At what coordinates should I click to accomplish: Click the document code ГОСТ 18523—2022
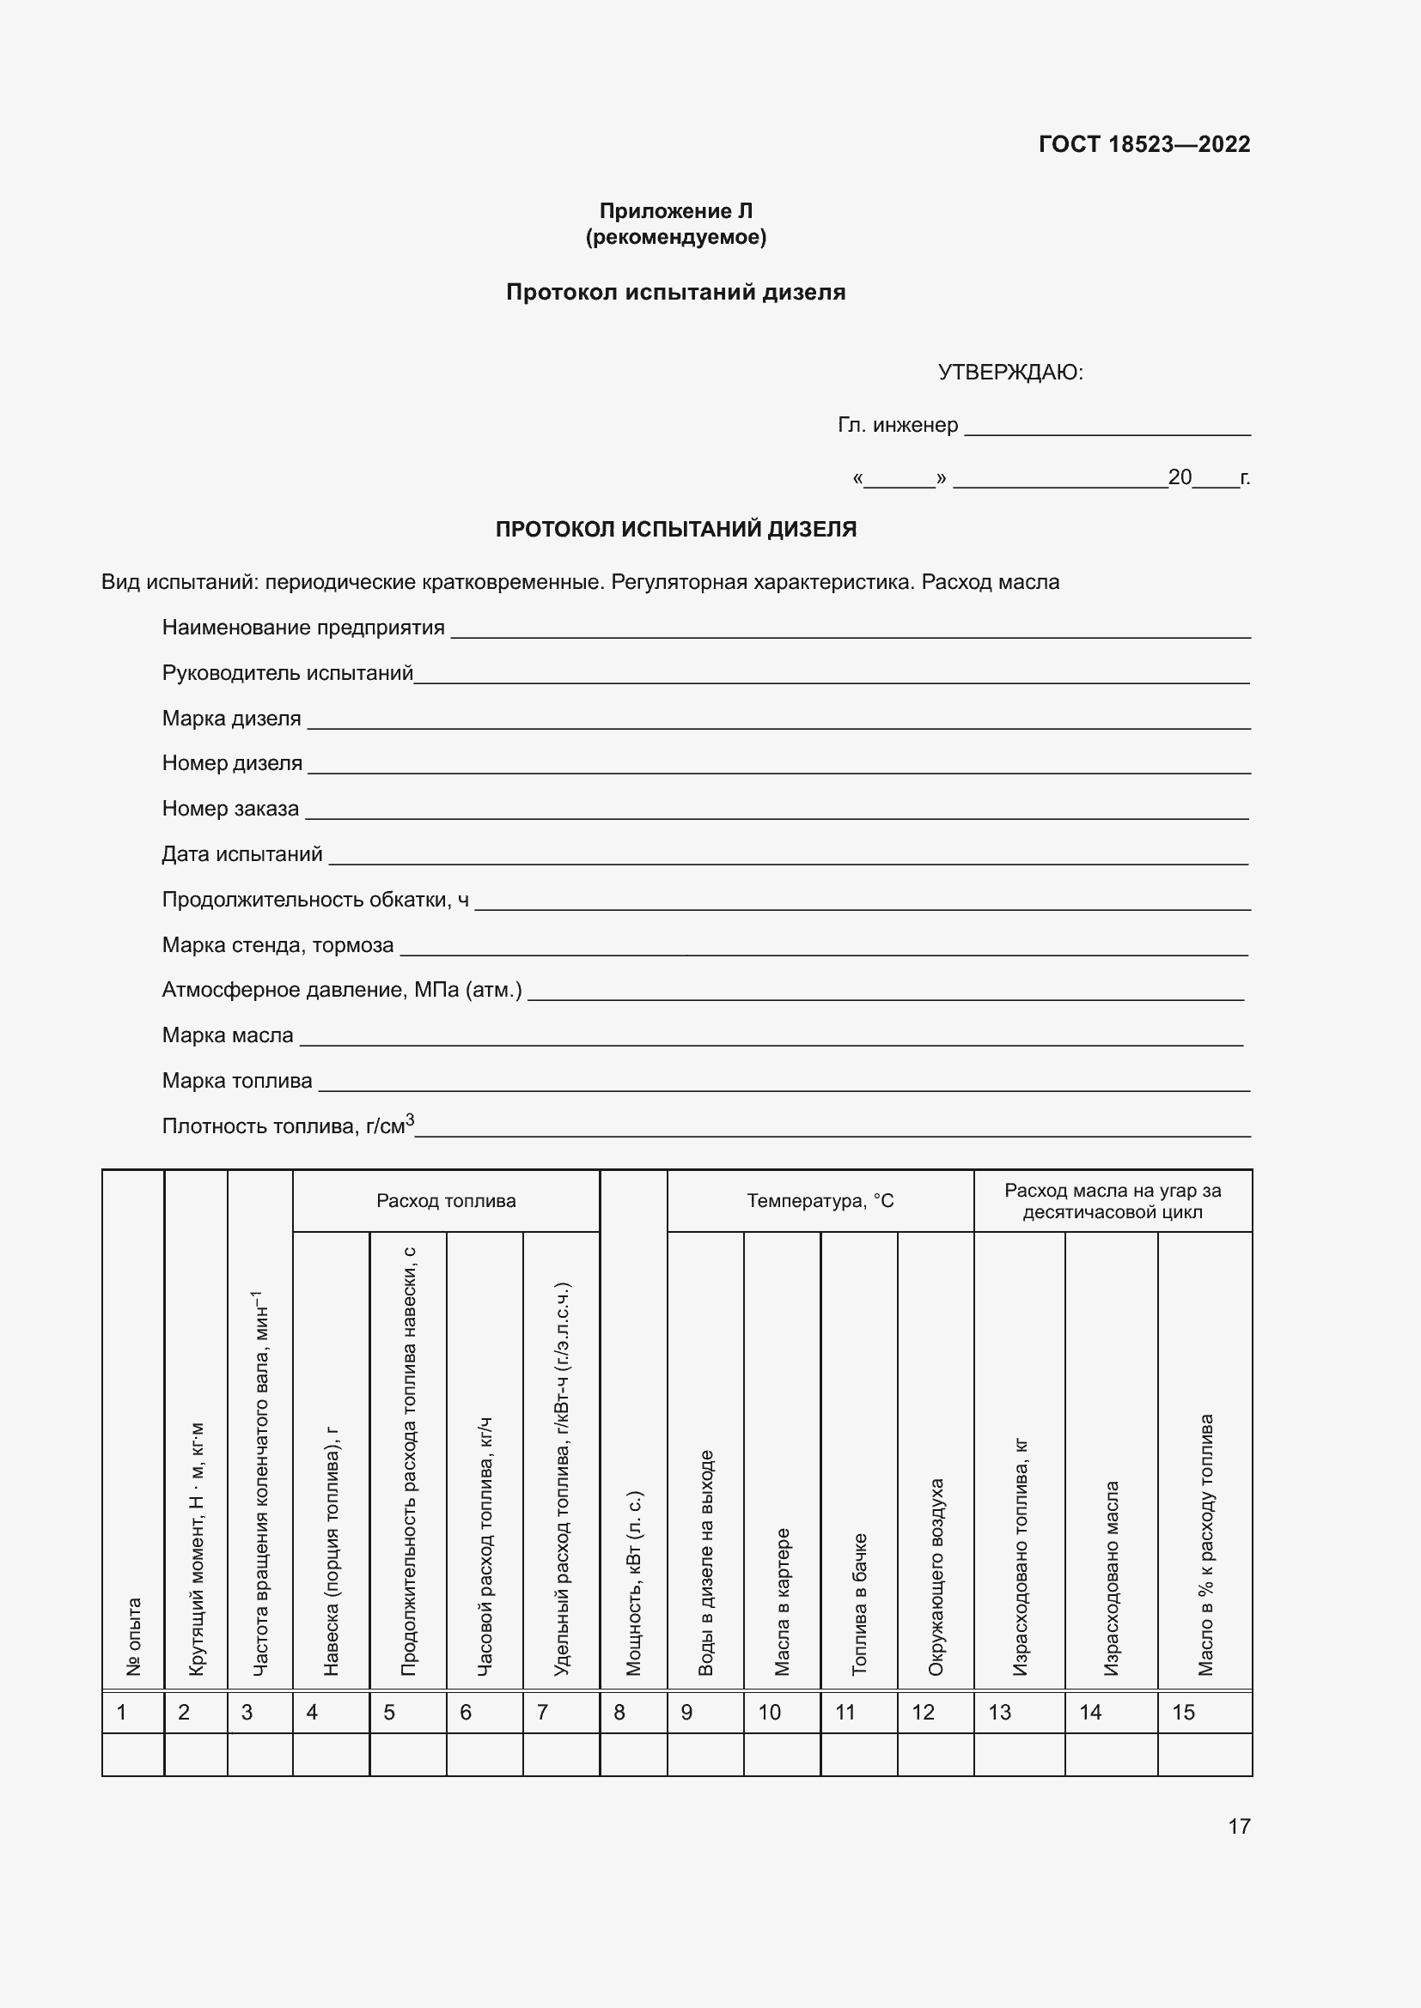pyautogui.click(x=1144, y=144)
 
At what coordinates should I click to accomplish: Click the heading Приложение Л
pyautogui.click(x=675, y=211)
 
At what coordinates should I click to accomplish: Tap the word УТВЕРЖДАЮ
pyautogui.click(x=1009, y=373)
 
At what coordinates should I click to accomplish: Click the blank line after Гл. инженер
pyautogui.click(x=1106, y=428)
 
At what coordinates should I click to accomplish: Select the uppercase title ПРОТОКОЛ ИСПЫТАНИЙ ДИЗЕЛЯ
pyautogui.click(x=675, y=529)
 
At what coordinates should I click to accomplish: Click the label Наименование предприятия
pyautogui.click(x=303, y=628)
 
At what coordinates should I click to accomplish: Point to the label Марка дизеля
pyautogui.click(x=232, y=719)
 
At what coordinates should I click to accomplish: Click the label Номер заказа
pyautogui.click(x=231, y=809)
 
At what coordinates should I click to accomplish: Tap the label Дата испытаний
pyautogui.click(x=242, y=854)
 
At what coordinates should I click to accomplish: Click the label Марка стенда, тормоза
pyautogui.click(x=278, y=945)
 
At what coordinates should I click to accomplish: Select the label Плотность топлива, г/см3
pyautogui.click(x=288, y=1125)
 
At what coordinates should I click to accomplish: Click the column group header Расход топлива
pyautogui.click(x=446, y=1201)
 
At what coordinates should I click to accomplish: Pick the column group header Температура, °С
pyautogui.click(x=820, y=1201)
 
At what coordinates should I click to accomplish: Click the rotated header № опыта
pyautogui.click(x=134, y=1636)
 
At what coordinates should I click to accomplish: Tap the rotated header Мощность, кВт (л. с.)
pyautogui.click(x=633, y=1583)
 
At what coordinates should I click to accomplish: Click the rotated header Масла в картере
pyautogui.click(x=783, y=1602)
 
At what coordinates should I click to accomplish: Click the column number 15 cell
pyautogui.click(x=1204, y=1713)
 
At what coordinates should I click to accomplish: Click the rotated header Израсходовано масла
pyautogui.click(x=1111, y=1579)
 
